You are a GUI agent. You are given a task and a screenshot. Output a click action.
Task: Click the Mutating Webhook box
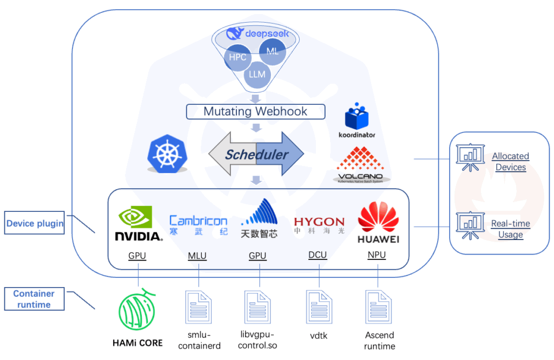click(255, 112)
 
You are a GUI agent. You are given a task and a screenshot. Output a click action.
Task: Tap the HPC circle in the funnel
click(238, 57)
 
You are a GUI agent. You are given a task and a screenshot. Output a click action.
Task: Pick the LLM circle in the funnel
click(257, 74)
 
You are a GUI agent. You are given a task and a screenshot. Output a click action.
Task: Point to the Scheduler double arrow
click(256, 155)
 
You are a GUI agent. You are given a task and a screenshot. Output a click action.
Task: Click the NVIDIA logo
click(138, 224)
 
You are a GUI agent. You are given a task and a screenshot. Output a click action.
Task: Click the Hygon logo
click(319, 226)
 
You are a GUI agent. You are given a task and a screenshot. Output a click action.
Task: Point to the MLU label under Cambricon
click(197, 256)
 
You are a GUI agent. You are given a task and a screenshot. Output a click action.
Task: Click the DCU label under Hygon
click(318, 255)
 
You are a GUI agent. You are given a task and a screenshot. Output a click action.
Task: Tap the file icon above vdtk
click(319, 307)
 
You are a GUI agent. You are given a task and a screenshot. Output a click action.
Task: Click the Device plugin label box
click(35, 223)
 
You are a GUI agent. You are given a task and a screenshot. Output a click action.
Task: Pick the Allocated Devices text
click(510, 162)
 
